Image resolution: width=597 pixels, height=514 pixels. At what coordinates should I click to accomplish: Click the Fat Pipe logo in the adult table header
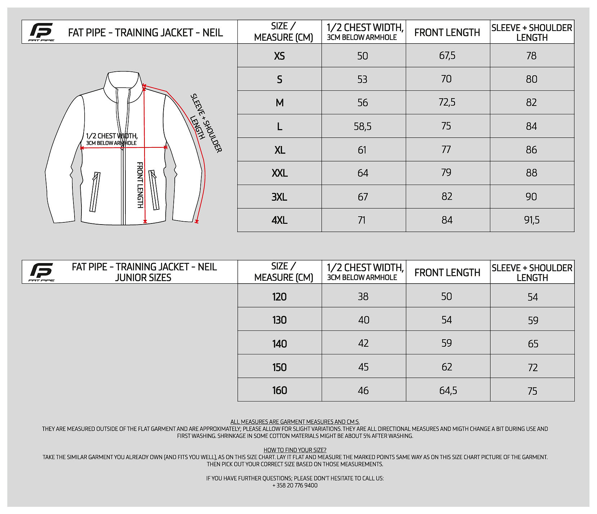pos(41,32)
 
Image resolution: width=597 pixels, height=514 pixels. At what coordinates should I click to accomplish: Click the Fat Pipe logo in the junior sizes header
pos(41,272)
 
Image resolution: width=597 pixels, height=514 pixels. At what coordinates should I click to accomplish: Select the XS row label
pos(279,56)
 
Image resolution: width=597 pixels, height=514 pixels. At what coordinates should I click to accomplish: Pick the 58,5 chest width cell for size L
pos(362,126)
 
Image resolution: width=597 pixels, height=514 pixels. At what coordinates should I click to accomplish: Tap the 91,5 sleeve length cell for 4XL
pos(532,220)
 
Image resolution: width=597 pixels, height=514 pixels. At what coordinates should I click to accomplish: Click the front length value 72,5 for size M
pos(447,102)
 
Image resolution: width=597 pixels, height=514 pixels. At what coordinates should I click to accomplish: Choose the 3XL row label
pos(279,197)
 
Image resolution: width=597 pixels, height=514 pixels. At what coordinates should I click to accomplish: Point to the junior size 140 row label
pos(279,344)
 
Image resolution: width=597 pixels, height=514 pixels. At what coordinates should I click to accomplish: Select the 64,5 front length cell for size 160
pos(448,390)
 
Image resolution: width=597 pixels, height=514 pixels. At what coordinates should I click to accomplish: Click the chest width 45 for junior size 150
pos(363,367)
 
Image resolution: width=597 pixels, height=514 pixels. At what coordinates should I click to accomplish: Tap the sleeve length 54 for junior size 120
pos(533,297)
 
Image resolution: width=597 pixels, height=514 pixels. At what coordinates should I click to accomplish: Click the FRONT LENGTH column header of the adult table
pos(447,32)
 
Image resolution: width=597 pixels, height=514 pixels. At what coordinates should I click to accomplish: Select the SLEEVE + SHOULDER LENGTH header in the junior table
pos(532,272)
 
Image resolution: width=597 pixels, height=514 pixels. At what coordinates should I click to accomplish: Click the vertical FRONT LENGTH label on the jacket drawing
pos(140,185)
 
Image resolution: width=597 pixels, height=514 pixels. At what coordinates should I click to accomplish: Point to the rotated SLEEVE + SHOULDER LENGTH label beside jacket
pos(206,123)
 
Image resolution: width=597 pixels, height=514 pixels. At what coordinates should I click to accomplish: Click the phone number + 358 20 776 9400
pos(295,485)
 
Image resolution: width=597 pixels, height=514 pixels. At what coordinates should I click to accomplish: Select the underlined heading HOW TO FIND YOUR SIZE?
pos(295,450)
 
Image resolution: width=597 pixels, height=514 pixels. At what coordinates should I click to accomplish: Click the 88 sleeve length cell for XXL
pos(531,173)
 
